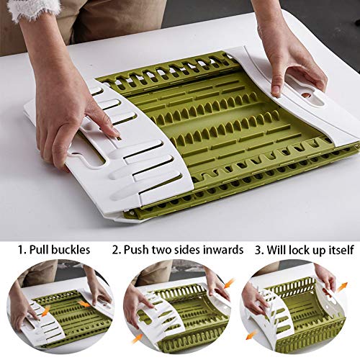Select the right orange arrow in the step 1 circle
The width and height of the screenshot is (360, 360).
point(85,303)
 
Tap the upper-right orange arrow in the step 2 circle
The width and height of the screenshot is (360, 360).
point(230,283)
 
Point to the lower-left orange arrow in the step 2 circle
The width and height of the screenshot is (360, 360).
point(138,337)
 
